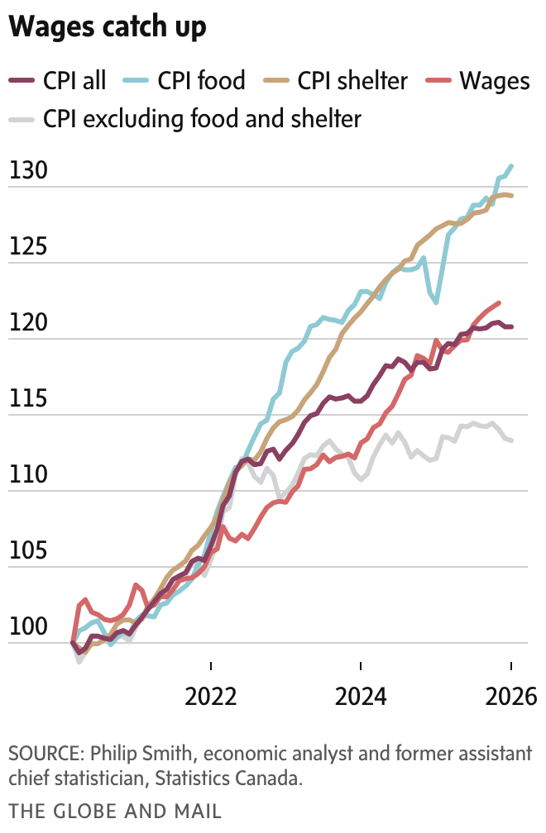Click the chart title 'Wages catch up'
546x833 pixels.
pyautogui.click(x=108, y=28)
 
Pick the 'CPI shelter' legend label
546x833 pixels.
pyautogui.click(x=352, y=80)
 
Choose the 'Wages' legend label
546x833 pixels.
pyautogui.click(x=494, y=80)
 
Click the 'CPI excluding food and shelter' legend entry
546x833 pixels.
pyautogui.click(x=203, y=119)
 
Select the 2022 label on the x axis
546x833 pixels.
pyautogui.click(x=212, y=696)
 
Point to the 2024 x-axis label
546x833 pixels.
pyautogui.click(x=362, y=696)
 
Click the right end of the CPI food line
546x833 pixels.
pyautogui.click(x=512, y=166)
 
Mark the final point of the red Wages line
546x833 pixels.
pyautogui.click(x=498, y=302)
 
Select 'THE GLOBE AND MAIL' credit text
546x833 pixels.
pyautogui.click(x=115, y=811)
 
